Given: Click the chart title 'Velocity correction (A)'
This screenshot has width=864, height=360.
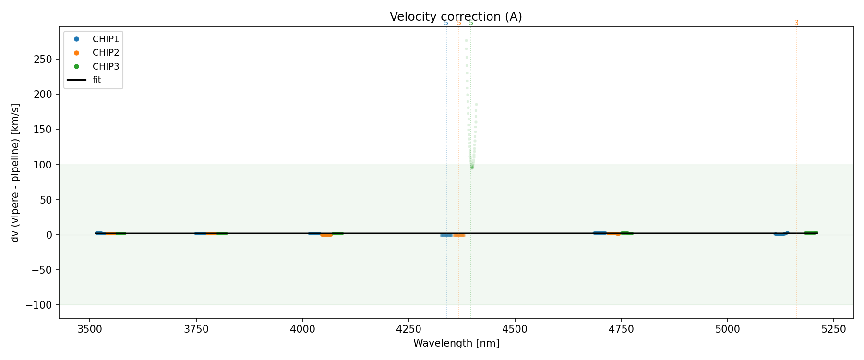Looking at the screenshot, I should click(456, 17).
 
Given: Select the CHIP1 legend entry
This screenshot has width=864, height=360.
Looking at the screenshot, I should click(106, 39).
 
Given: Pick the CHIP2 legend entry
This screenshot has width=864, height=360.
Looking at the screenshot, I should click(106, 53).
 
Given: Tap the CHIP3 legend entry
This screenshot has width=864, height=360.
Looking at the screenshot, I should click(106, 67).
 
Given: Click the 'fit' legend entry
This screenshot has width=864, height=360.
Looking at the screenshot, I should click(97, 80).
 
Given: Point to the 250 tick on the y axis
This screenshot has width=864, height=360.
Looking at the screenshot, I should click(42, 60).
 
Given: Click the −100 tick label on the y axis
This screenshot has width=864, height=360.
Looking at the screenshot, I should click(38, 305).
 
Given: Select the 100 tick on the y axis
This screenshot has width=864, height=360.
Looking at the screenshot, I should click(42, 165).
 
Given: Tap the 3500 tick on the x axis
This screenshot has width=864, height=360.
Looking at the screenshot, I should click(89, 329).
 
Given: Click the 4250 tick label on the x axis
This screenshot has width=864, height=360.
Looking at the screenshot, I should click(408, 329).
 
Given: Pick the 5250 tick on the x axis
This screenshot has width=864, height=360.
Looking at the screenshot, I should click(833, 329).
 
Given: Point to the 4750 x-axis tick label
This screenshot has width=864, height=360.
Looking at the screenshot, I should click(621, 329).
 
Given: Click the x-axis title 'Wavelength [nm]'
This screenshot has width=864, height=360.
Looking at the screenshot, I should click(456, 344).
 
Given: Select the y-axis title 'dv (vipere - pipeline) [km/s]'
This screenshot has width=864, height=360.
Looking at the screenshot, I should click(15, 173).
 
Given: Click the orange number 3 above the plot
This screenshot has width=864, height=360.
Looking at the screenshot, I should click(796, 23).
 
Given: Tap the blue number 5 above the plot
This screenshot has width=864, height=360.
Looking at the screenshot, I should click(446, 23).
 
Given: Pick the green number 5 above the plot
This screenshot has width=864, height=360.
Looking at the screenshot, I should click(471, 23).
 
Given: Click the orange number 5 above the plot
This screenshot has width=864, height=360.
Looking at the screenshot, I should click(459, 23).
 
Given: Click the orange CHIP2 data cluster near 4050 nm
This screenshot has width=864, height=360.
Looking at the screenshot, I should click(326, 235).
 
